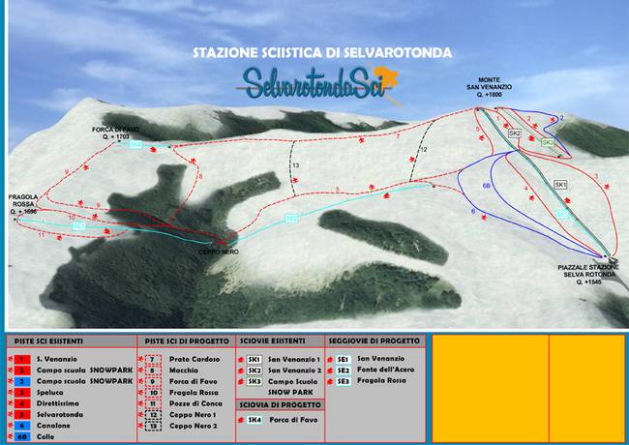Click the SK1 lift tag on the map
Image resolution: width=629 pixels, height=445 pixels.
[x=560, y=184]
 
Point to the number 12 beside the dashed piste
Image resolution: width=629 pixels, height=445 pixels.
[x=422, y=150]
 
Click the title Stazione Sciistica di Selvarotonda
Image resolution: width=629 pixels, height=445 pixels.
[x=322, y=52]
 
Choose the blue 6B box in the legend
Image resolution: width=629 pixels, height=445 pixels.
[x=20, y=435]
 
